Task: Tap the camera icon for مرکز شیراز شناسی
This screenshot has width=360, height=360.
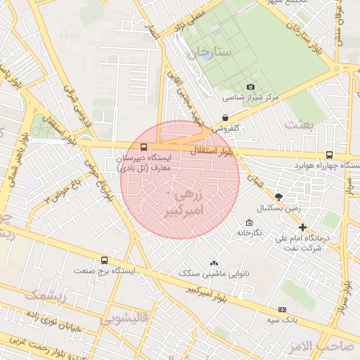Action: tap(231, 86)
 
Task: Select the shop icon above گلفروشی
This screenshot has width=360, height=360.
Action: tap(225, 118)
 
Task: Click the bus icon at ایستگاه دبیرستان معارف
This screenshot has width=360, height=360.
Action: tap(144, 148)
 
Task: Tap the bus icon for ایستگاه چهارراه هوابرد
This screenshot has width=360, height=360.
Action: tap(329, 155)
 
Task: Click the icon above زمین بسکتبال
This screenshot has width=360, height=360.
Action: tap(278, 197)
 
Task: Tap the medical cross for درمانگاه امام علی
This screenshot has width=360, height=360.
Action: tap(302, 227)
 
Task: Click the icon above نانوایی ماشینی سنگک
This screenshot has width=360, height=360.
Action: tap(214, 262)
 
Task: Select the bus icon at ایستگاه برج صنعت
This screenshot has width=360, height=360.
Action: tap(105, 260)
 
